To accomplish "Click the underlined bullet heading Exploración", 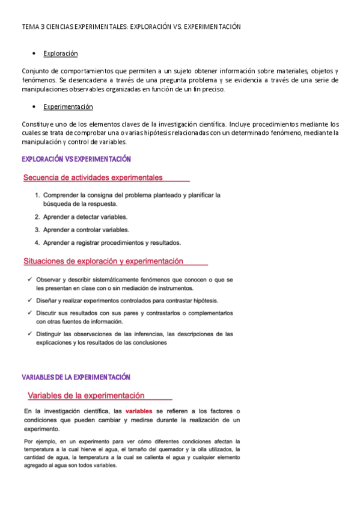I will coord(61,54).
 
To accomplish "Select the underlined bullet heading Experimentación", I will coord(68,106).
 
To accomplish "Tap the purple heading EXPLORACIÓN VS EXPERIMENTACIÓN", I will coord(76,159).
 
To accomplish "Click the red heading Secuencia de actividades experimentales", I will coord(93,177).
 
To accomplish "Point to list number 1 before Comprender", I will coord(37,195).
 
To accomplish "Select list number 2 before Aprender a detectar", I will coord(37,217).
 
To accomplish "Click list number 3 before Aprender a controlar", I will coord(37,230).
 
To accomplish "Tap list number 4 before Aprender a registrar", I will coord(37,243).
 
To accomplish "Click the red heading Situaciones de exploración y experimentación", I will coord(103,262).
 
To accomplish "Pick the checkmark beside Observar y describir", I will coord(30,280).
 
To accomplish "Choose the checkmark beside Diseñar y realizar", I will coord(30,301).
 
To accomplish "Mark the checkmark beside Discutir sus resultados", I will coord(30,313).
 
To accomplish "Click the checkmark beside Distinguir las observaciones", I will coord(30,334).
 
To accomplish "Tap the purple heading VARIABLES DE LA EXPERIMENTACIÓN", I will coord(76,377).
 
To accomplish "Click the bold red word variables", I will coord(139,411).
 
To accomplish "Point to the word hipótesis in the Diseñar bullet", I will coord(204,301).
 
